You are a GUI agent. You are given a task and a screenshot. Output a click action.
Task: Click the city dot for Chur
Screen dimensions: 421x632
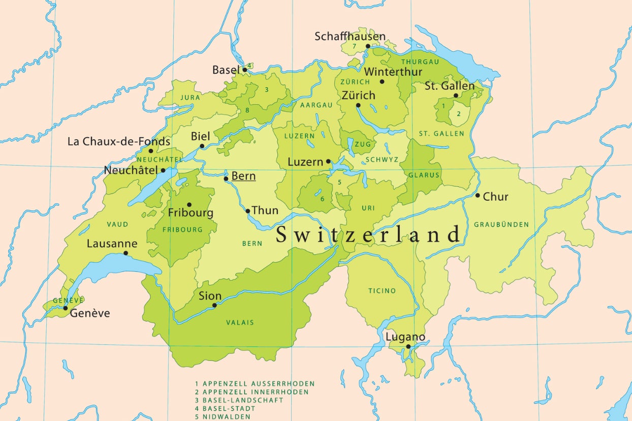[x=478, y=196]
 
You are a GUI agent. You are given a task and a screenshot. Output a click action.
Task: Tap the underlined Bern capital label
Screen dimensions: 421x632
[x=243, y=176]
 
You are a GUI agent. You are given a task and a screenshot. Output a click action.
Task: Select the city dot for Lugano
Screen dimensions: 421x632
[x=408, y=347]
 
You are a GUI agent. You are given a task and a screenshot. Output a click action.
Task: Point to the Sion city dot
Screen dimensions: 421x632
[x=214, y=305]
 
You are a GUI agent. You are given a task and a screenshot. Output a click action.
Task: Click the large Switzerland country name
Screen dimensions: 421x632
[x=368, y=235]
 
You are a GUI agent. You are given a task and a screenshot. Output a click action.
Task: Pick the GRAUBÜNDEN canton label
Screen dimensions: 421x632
[x=501, y=224]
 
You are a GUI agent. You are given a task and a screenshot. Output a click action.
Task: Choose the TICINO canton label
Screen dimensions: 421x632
[x=382, y=291]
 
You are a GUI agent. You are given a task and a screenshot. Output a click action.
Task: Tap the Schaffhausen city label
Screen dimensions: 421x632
[x=350, y=37]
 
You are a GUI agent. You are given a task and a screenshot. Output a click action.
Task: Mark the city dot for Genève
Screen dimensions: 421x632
[x=66, y=308]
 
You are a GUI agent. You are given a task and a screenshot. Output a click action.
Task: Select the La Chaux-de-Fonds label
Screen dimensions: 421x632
[x=119, y=141]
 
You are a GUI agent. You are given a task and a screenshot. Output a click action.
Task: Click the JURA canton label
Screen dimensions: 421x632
[x=190, y=97]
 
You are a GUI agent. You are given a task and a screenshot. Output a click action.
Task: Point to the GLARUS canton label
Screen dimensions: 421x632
[x=424, y=175]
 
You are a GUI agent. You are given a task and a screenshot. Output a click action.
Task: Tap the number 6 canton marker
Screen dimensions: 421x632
[x=322, y=199]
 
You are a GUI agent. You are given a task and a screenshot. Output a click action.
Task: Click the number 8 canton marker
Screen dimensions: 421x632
[x=247, y=110]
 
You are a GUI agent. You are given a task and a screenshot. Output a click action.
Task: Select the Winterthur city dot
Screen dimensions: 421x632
[x=382, y=81]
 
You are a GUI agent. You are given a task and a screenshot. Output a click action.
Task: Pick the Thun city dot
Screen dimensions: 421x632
[x=248, y=211]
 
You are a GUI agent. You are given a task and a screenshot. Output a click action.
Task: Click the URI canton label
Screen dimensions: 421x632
[x=368, y=208]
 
